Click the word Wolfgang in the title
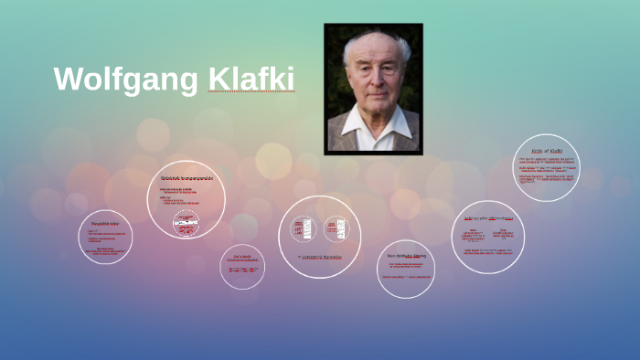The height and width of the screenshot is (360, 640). click(x=125, y=79)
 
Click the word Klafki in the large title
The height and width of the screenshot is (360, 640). click(x=251, y=79)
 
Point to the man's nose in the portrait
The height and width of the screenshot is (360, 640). click(x=374, y=85)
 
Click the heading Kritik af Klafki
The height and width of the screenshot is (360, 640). click(x=547, y=150)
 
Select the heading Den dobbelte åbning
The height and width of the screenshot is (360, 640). click(x=407, y=256)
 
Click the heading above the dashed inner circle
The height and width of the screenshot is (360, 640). click(x=187, y=178)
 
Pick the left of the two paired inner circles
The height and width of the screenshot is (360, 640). click(x=305, y=228)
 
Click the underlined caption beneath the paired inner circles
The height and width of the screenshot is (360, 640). click(x=319, y=257)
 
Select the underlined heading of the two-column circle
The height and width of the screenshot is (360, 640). click(x=488, y=219)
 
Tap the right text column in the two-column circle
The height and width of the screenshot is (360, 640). click(x=504, y=235)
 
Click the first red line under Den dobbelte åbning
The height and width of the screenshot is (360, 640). click(x=406, y=265)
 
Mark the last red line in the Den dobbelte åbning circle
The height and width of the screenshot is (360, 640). click(x=406, y=276)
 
